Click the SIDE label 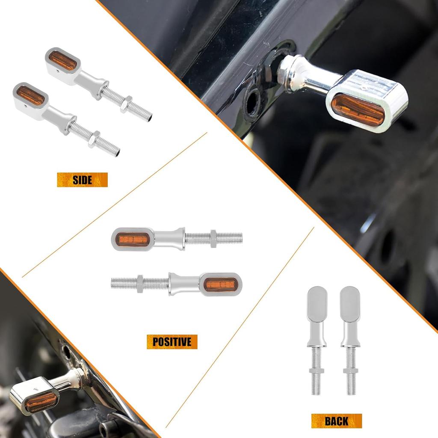[x=82, y=180]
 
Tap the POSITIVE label [x=172, y=342]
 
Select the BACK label [x=336, y=421]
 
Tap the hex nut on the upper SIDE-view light [x=126, y=104]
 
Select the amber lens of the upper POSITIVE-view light [x=134, y=240]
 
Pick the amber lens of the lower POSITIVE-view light [x=220, y=284]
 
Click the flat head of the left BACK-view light [x=317, y=304]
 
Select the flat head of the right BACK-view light [x=350, y=304]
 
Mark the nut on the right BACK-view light [x=351, y=370]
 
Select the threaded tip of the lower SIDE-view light [x=115, y=151]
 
